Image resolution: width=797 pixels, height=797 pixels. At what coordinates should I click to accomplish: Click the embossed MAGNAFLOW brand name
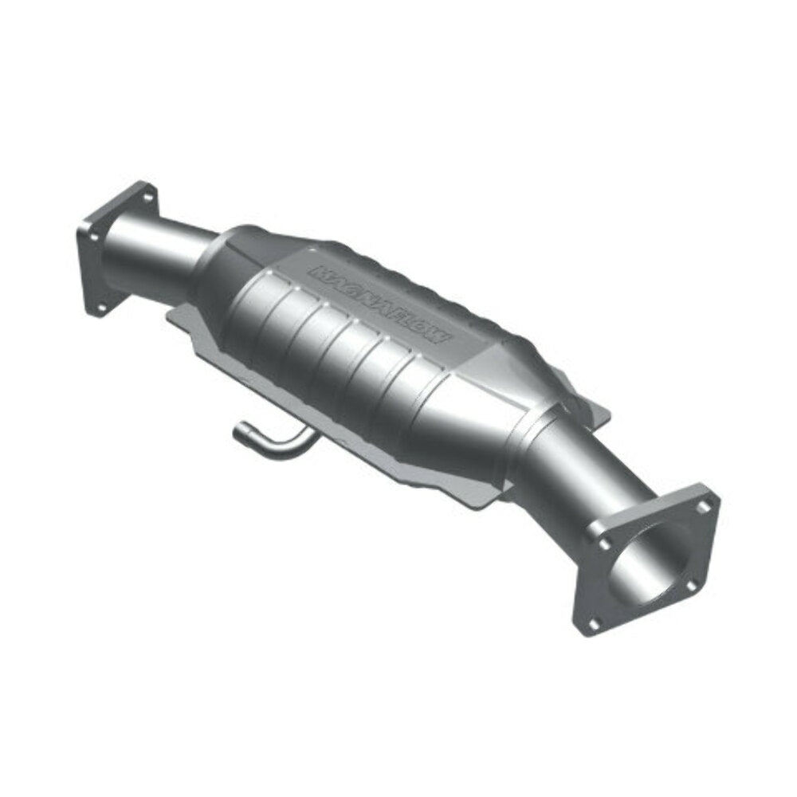(x=383, y=304)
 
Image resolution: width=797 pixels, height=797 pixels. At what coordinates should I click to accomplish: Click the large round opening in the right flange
(x=650, y=563)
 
